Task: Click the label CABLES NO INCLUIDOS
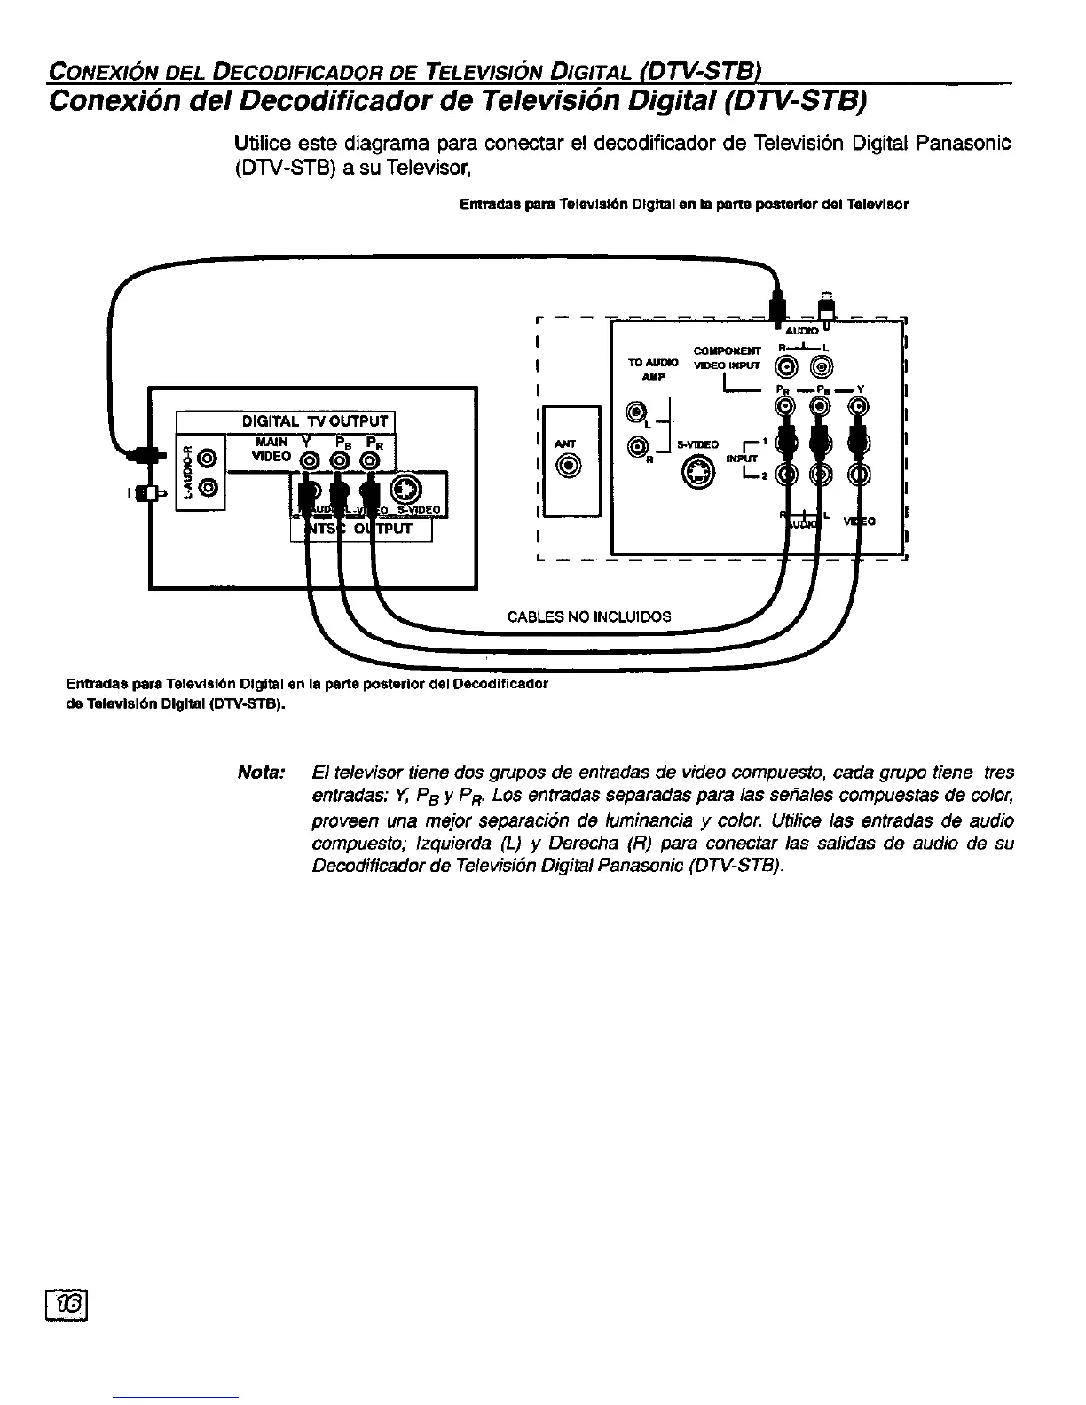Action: click(x=588, y=616)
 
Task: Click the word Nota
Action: click(x=259, y=773)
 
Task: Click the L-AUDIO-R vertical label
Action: click(x=188, y=471)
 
